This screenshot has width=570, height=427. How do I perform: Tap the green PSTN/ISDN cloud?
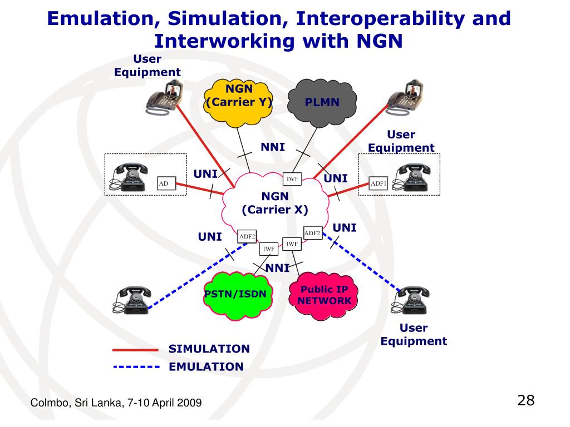tap(243, 295)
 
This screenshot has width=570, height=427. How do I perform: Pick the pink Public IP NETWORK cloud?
tap(324, 296)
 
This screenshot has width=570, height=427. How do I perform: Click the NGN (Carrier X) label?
tap(275, 203)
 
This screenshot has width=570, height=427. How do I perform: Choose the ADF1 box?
tap(379, 183)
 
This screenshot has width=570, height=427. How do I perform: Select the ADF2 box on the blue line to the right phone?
tap(312, 233)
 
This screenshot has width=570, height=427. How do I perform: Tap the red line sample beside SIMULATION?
tap(136, 350)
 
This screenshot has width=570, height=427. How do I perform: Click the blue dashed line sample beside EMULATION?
tap(136, 367)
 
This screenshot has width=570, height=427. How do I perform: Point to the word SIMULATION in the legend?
tap(209, 349)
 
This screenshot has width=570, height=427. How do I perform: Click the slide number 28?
tap(525, 400)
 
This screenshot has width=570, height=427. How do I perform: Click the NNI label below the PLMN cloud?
tap(273, 147)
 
